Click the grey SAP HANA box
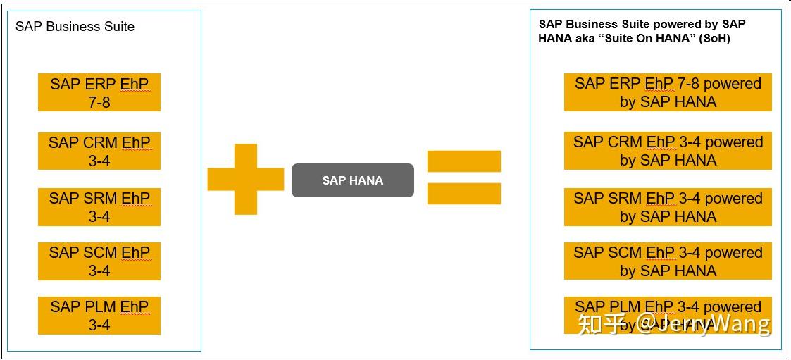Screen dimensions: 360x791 [352, 180]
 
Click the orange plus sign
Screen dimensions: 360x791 [245, 179]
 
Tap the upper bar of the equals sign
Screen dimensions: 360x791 [463, 161]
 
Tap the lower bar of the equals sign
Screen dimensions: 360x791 [463, 194]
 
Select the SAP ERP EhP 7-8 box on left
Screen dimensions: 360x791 [99, 92]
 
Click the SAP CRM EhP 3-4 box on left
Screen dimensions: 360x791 [99, 151]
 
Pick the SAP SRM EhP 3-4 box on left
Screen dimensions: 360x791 [99, 207]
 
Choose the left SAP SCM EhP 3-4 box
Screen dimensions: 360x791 [99, 261]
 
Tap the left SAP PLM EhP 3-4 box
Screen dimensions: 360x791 [99, 316]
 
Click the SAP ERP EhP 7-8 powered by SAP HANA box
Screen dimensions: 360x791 [668, 92]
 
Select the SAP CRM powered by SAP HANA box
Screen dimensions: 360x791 [668, 151]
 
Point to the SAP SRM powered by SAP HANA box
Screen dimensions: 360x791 [668, 207]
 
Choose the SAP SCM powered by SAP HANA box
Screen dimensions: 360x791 [668, 261]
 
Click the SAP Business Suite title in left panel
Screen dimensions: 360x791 [75, 27]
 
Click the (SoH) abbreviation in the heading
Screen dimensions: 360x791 [714, 39]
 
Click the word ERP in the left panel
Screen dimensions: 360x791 [100, 84]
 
